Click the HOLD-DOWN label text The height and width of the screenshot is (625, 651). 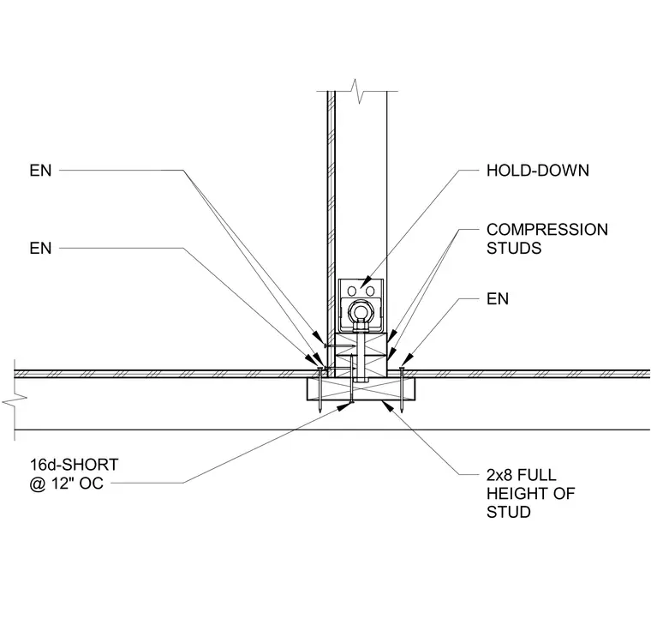click(538, 171)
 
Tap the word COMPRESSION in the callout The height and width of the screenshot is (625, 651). click(547, 230)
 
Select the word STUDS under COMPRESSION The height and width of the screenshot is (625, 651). click(514, 248)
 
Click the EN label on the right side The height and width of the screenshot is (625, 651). click(498, 299)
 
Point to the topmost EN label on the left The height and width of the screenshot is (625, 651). click(40, 171)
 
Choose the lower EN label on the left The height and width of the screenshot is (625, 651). click(40, 248)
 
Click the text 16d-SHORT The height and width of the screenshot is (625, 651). click(74, 465)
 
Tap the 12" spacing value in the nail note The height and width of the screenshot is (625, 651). click(62, 484)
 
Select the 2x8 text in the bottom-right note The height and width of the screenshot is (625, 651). click(500, 475)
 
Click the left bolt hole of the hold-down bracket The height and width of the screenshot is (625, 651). click(352, 291)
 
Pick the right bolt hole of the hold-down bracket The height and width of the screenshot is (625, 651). click(370, 291)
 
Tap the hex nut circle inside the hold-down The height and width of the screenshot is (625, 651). click(361, 313)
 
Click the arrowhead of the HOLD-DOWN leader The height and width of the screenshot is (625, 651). click(365, 283)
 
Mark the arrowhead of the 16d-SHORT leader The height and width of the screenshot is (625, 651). click(343, 407)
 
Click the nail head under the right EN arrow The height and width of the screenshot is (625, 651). click(402, 368)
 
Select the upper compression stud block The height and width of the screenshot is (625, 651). click(361, 343)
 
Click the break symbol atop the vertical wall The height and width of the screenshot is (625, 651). click(357, 91)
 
